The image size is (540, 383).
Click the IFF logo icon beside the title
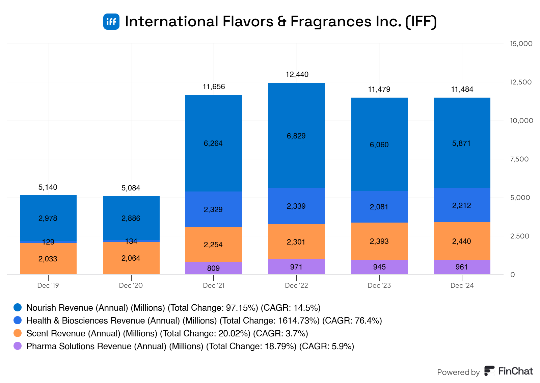111,22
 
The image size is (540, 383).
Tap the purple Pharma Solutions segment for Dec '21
213,268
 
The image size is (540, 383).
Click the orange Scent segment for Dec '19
48,258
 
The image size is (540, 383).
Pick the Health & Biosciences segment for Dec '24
462,205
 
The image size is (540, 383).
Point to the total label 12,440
297,74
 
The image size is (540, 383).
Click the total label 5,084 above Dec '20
131,188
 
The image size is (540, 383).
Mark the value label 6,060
379,145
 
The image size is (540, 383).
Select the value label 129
48,242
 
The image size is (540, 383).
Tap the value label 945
379,267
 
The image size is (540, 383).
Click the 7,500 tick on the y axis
519,159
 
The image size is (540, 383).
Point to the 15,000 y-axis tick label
521,44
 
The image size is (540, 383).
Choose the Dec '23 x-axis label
379,285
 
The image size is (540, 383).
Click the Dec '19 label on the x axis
48,285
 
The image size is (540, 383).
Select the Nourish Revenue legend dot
18,307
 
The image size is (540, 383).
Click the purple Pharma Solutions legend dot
18,346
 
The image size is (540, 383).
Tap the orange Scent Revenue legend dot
18,333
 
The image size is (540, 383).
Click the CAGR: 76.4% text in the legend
352,321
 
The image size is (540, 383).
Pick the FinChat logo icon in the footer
489,371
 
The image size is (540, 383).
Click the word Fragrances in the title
331,22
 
